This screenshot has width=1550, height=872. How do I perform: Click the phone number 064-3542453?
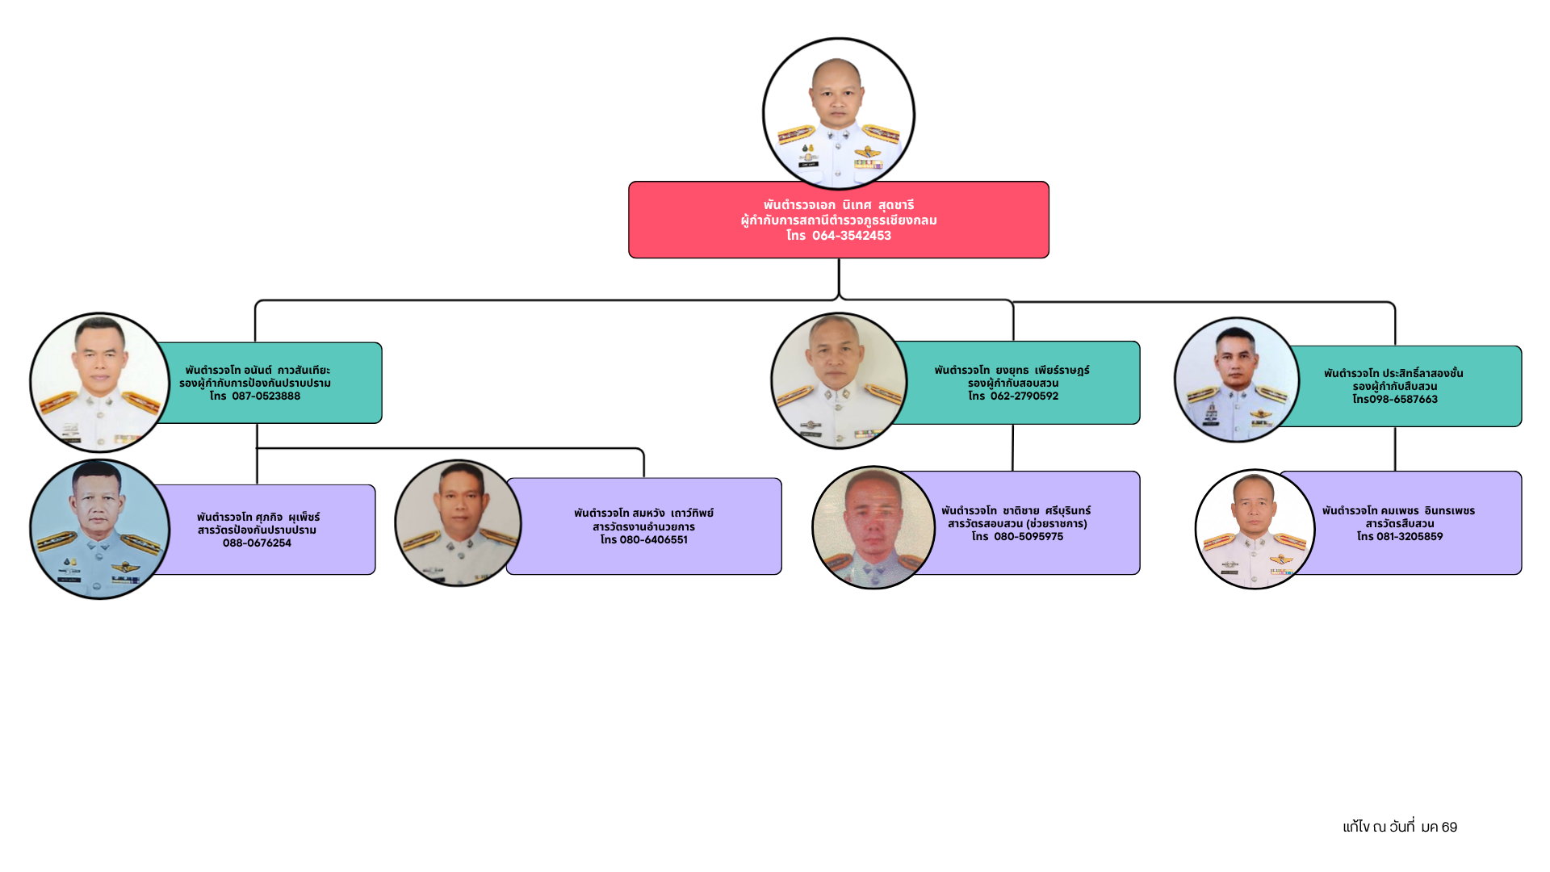pos(852,236)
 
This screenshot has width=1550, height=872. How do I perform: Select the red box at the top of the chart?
pos(839,220)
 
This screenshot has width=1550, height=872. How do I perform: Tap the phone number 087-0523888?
pos(266,396)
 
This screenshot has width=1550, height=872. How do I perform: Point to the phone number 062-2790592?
pos(1024,396)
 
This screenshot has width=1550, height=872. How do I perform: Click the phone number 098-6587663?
pos(1404,400)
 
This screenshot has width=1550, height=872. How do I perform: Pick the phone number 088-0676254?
pos(257,543)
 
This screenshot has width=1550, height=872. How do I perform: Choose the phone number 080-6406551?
pos(654,540)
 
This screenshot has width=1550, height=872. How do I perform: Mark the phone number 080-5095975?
pos(1028,537)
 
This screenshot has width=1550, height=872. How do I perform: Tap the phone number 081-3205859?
pos(1410,537)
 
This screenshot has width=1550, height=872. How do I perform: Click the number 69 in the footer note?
pos(1449,827)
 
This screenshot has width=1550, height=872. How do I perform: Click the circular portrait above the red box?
pos(839,114)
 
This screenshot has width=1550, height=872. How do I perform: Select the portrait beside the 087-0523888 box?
pos(100,383)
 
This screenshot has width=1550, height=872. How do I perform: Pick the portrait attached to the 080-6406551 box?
pos(458,523)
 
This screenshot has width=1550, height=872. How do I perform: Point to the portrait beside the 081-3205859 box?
pos(1255,530)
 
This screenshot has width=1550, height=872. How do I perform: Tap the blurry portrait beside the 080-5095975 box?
pos(873,527)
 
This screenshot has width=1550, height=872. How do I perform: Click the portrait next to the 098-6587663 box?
pos(1237,379)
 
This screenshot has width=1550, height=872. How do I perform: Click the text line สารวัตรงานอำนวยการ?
pos(643,527)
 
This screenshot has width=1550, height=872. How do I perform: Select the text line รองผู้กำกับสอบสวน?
pos(1013,384)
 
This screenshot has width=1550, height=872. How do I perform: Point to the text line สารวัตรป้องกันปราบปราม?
pos(257,530)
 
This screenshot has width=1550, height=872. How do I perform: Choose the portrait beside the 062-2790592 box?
pos(839,381)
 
